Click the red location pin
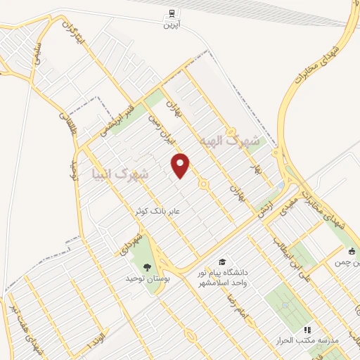tap(181, 165)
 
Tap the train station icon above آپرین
tap(172, 13)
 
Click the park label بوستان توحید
tap(146, 278)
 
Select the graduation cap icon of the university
tap(221, 262)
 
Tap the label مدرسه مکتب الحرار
tap(309, 340)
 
